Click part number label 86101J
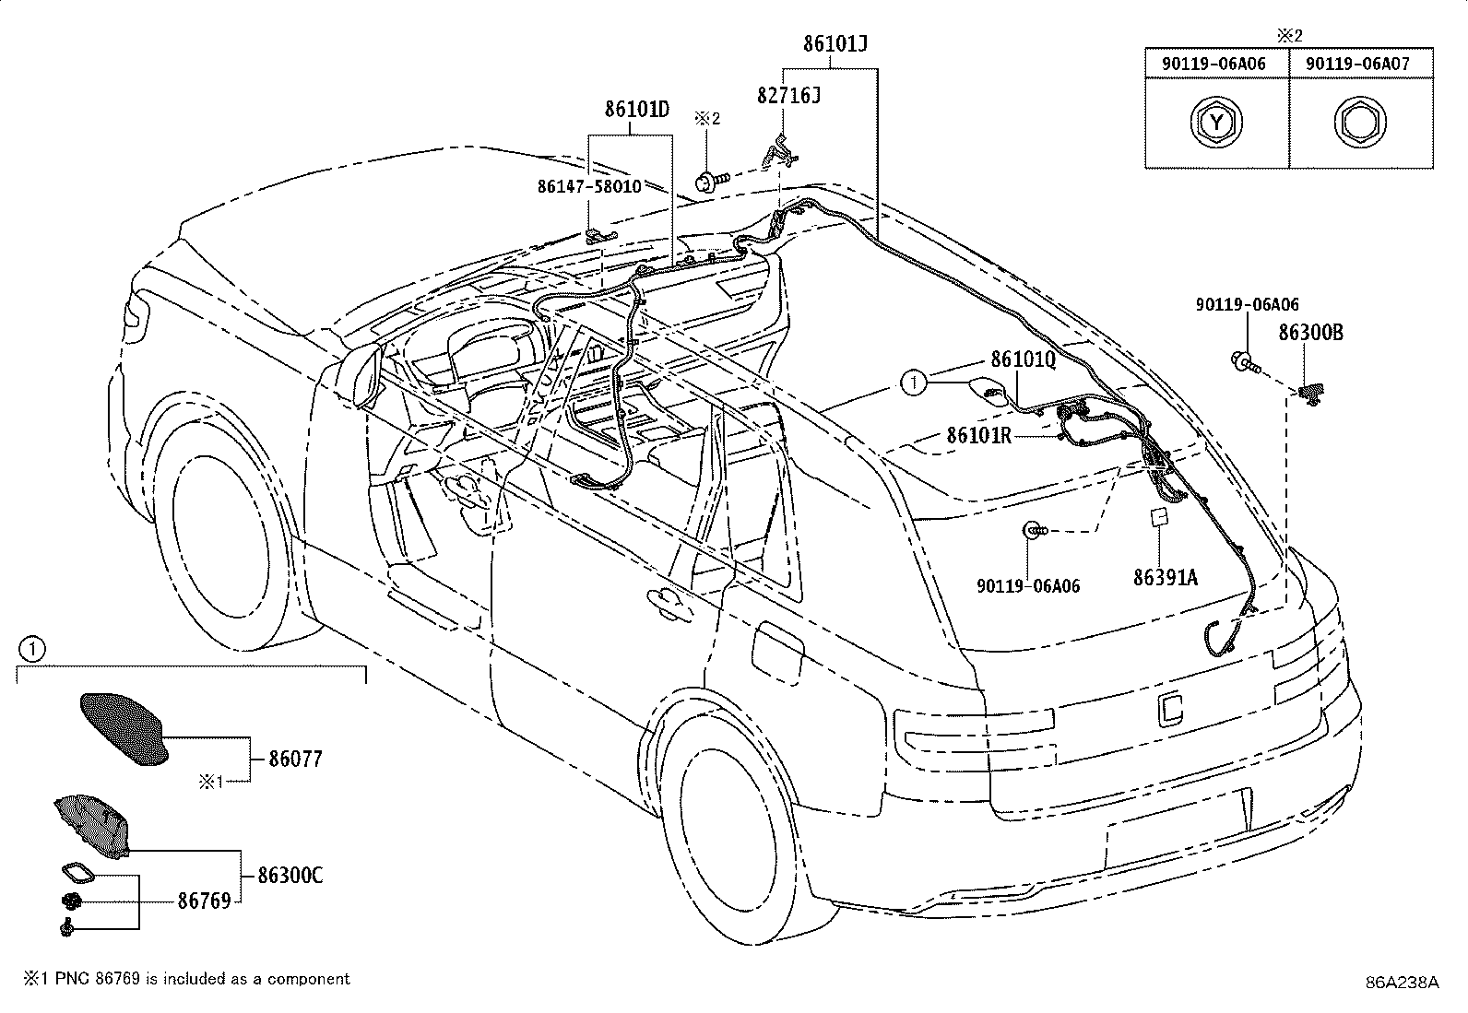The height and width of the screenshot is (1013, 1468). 835,44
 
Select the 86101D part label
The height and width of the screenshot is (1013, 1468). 636,110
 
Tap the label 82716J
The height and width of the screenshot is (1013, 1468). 788,96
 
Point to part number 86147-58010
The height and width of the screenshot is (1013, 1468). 589,187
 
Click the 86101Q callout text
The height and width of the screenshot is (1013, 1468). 1023,359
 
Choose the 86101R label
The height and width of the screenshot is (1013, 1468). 979,435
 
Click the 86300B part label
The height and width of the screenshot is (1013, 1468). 1310,333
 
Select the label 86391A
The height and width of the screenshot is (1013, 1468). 1166,577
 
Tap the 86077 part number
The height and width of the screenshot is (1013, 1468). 296,759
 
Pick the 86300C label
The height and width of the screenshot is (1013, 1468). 290,875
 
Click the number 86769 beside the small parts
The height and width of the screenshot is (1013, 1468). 205,901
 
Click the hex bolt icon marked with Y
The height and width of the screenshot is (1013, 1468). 1216,123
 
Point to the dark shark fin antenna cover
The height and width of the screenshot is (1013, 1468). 124,728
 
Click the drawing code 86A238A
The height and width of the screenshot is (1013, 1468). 1402,983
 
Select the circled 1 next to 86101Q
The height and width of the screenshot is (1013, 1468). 914,383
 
